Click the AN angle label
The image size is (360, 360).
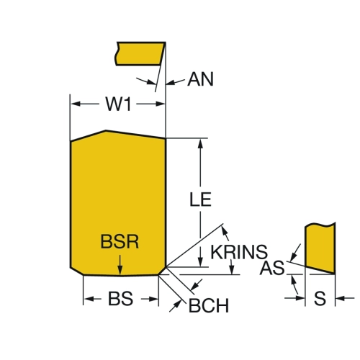(200, 79)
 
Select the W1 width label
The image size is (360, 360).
(119, 104)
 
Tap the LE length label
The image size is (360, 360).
(200, 199)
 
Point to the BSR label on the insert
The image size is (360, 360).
(120, 242)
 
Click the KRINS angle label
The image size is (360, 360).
(239, 252)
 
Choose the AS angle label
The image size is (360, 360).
(272, 268)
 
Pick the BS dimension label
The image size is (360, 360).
(120, 299)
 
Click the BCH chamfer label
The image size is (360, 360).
(209, 305)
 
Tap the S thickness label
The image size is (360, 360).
(320, 298)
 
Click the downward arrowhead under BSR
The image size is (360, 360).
(120, 270)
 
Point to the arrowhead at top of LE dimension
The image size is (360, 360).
(200, 143)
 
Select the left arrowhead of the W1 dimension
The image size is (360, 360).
(76, 104)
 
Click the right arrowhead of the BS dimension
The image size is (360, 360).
(153, 299)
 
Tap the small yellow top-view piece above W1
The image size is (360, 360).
(140, 53)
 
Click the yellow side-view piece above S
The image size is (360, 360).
(320, 247)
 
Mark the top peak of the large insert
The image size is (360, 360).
(106, 131)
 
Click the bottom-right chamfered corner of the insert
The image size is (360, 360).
(162, 271)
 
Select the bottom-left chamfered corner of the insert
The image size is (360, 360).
(77, 271)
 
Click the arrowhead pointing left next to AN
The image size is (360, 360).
(171, 83)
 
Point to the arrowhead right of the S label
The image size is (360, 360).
(340, 298)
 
